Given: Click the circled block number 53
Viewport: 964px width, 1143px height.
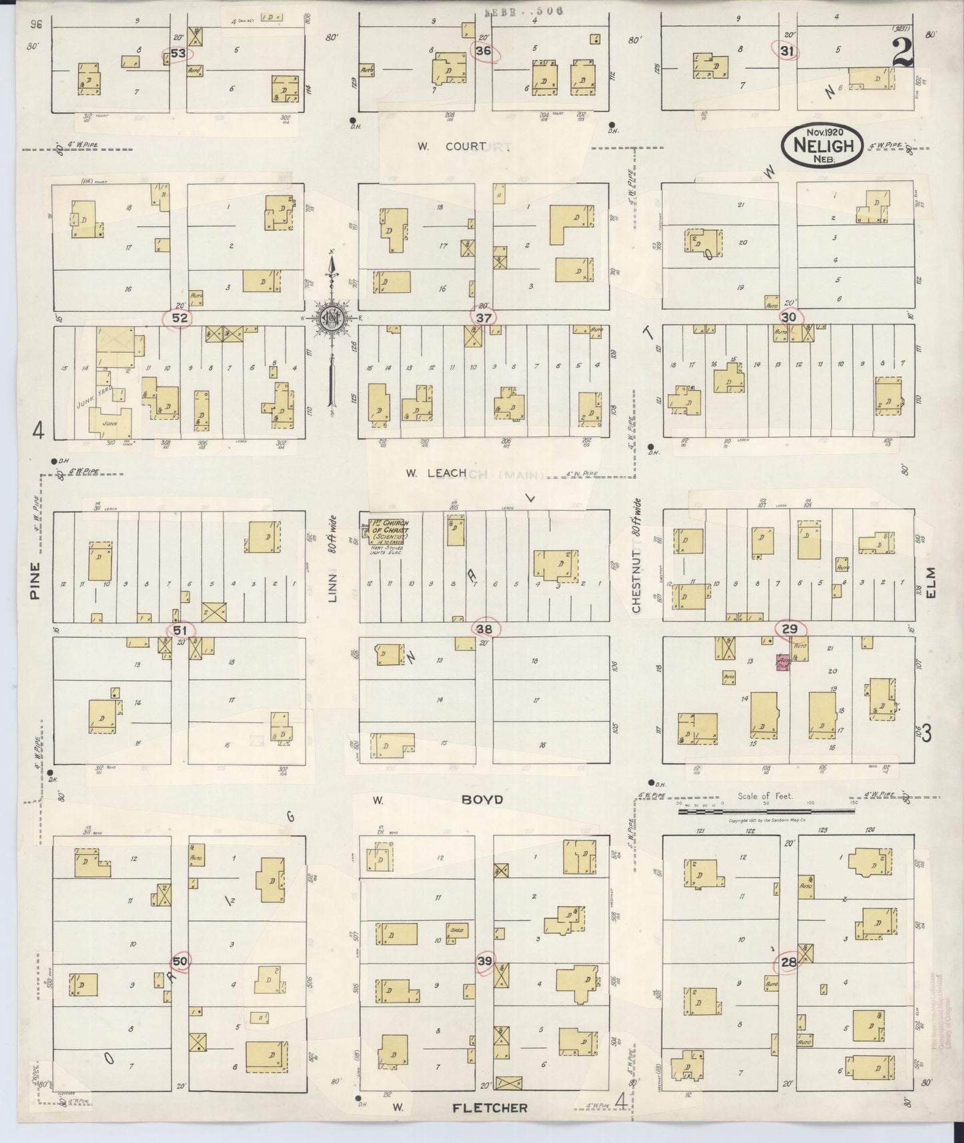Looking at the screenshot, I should [177, 53].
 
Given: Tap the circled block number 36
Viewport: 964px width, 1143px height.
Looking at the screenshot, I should [484, 51].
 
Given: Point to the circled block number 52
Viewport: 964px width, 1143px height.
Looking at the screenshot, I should [179, 318].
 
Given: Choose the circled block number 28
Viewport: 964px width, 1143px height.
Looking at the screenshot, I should [789, 962].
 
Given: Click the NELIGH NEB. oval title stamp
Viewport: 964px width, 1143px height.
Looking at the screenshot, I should [823, 144].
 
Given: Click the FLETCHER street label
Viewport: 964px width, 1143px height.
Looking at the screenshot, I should [490, 1108].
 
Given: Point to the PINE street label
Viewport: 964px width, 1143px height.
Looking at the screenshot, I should [35, 580].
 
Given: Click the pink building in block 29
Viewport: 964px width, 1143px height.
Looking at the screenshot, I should [782, 662].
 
